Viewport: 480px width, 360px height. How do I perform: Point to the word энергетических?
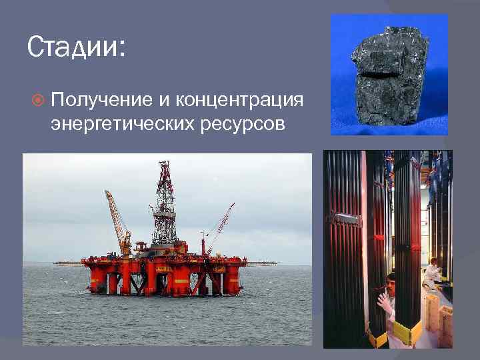tap(120, 124)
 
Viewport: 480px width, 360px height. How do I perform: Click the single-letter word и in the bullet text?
tap(164, 101)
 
